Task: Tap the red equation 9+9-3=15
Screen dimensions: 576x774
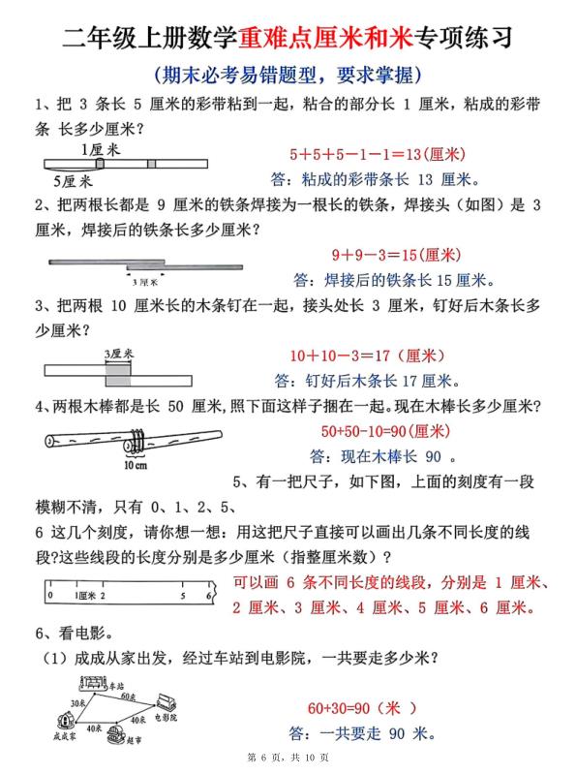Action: click(x=394, y=256)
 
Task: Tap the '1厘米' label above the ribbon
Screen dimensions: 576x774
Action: click(x=101, y=149)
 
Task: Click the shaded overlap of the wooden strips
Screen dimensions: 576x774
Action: click(x=117, y=369)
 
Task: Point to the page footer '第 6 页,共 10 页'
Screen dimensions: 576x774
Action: click(x=288, y=757)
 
